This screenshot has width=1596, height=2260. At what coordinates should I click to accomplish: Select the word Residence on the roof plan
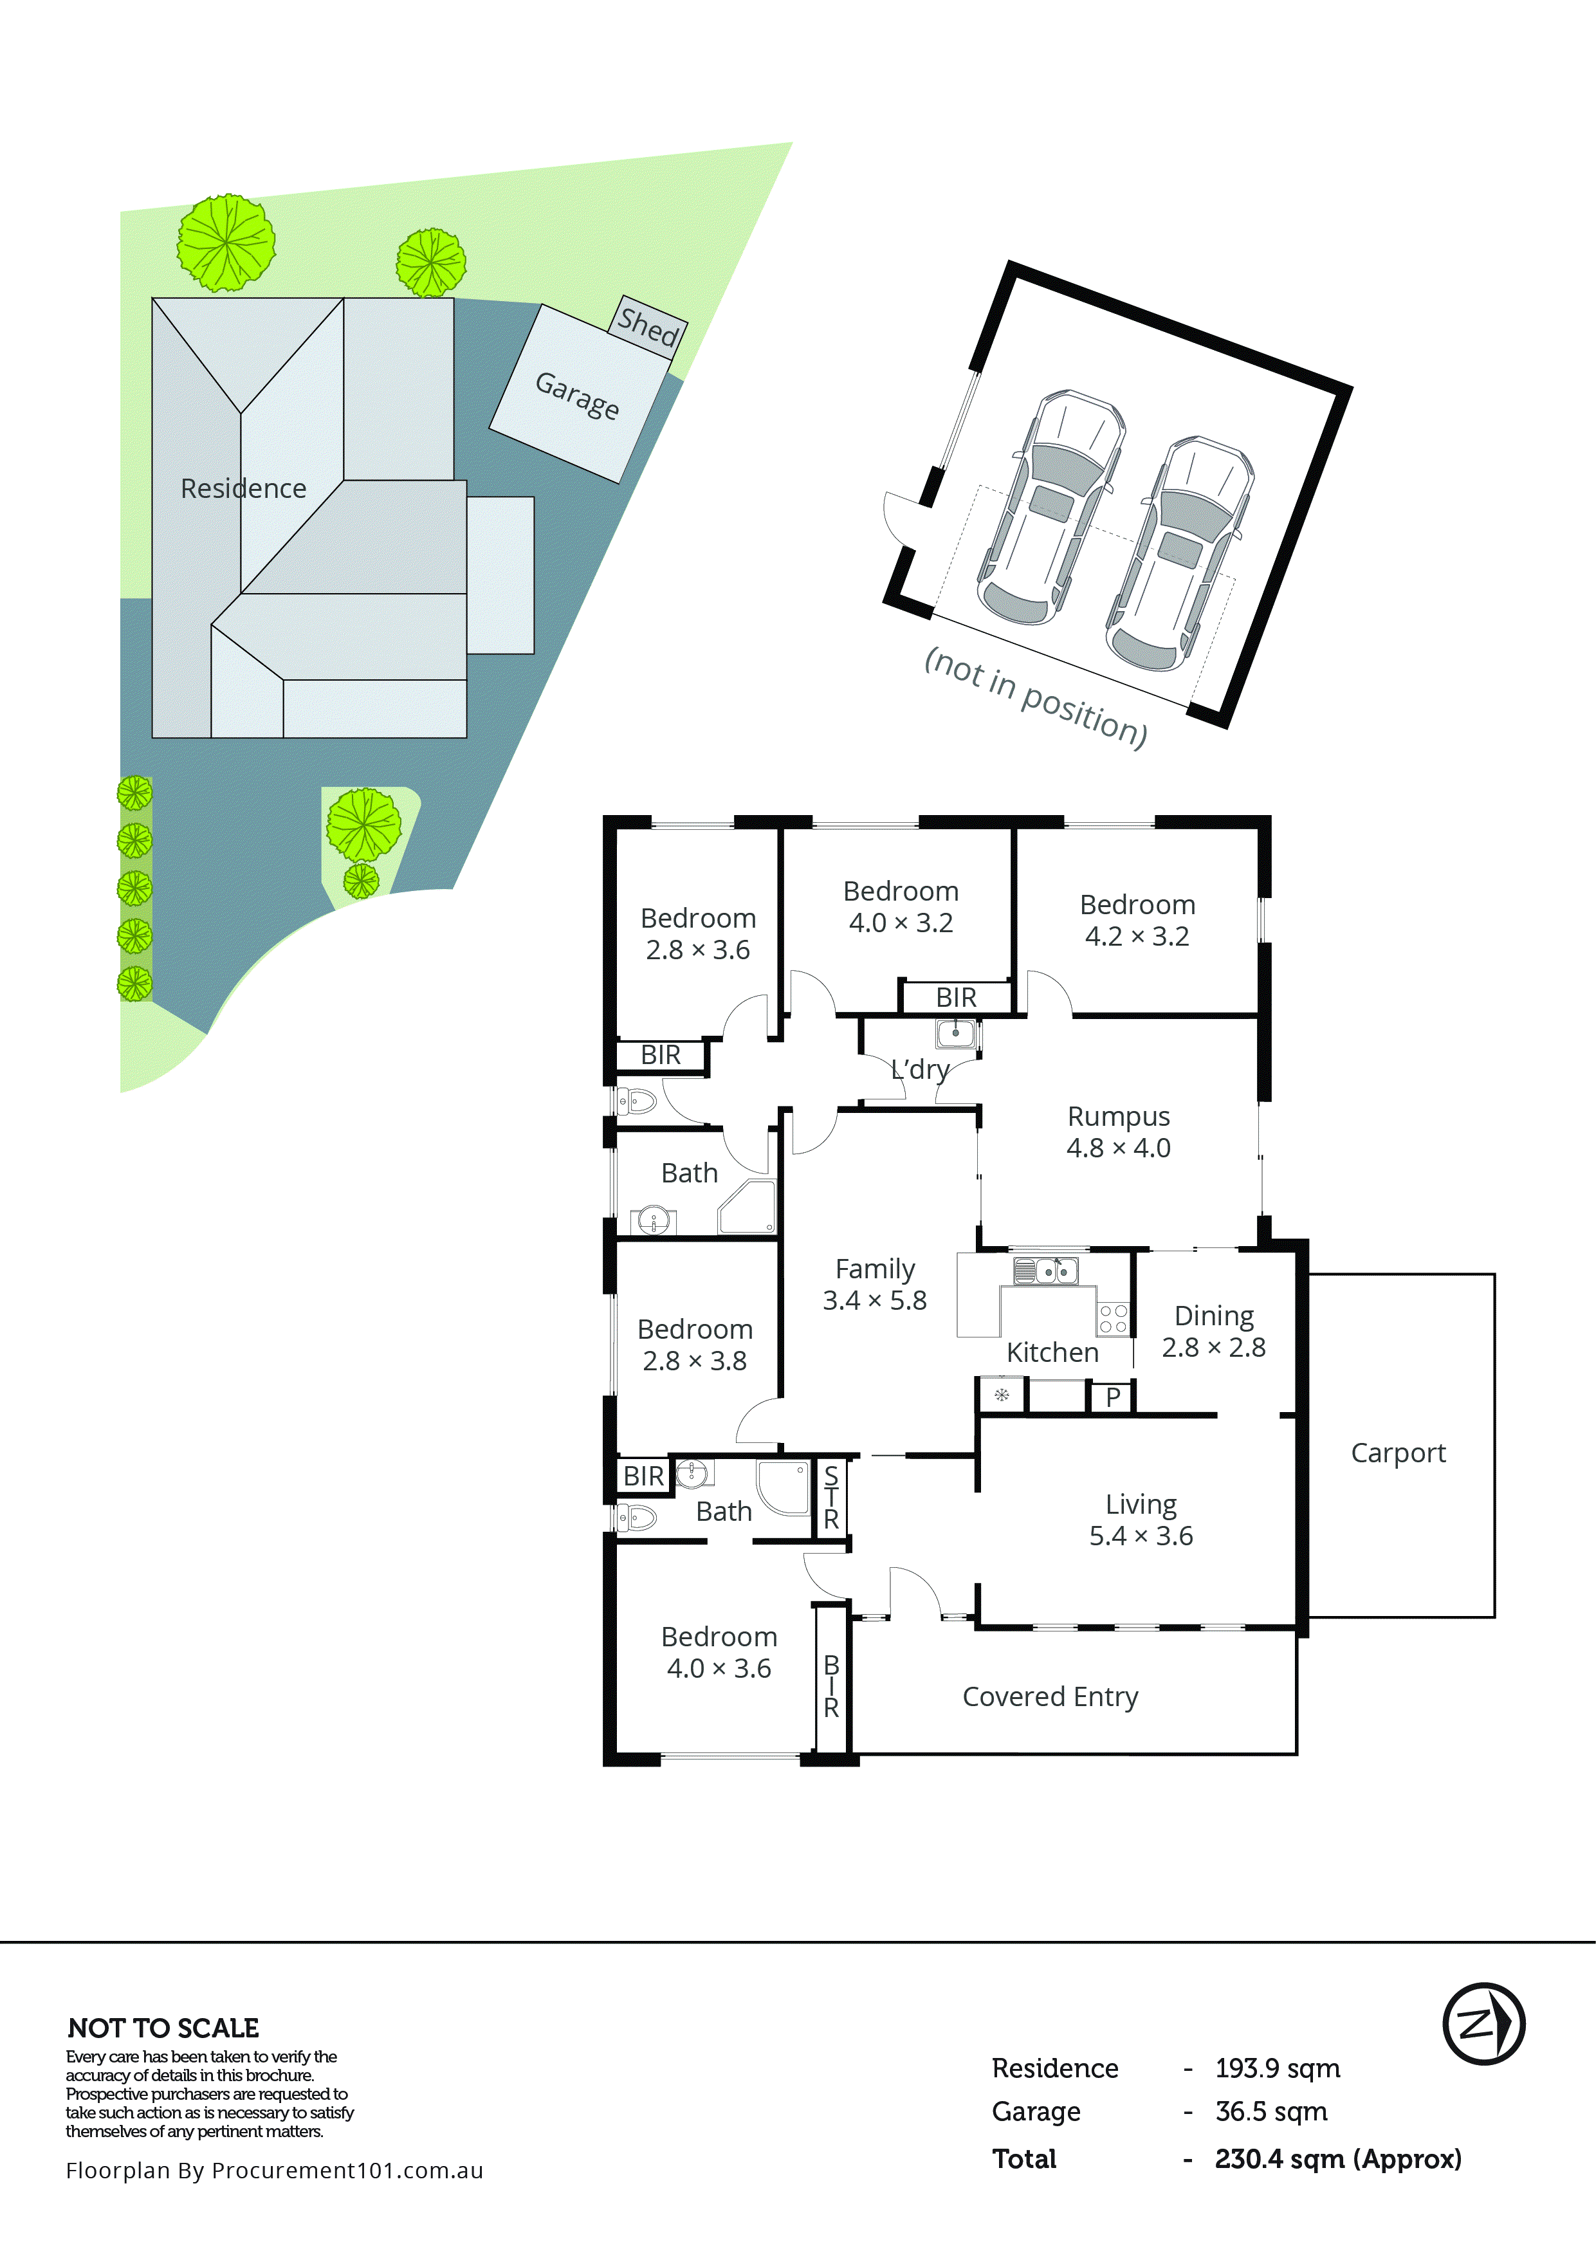tap(243, 488)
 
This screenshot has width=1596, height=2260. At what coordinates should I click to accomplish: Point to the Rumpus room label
tap(1119, 1116)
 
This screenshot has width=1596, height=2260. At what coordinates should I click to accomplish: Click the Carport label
tap(1399, 1453)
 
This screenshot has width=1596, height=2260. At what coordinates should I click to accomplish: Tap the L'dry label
tap(920, 1069)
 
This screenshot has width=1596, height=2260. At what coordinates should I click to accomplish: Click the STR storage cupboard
tap(832, 1497)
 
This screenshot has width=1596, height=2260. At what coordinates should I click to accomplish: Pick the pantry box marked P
tap(1113, 1397)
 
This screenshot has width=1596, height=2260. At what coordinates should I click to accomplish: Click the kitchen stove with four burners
tap(1113, 1318)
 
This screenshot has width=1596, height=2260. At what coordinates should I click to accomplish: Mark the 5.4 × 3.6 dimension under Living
tap(1141, 1536)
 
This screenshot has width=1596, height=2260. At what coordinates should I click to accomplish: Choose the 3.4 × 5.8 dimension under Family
tap(875, 1300)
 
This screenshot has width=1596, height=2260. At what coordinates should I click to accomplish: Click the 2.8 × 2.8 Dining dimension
tap(1213, 1348)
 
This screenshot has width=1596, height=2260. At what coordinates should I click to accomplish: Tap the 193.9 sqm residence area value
tap(1277, 2068)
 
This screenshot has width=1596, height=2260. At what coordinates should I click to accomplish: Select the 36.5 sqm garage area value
tap(1271, 2111)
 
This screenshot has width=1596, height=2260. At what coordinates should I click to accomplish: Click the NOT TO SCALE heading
tap(163, 2028)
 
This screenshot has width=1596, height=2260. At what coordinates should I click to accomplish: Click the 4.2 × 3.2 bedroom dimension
tap(1137, 936)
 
